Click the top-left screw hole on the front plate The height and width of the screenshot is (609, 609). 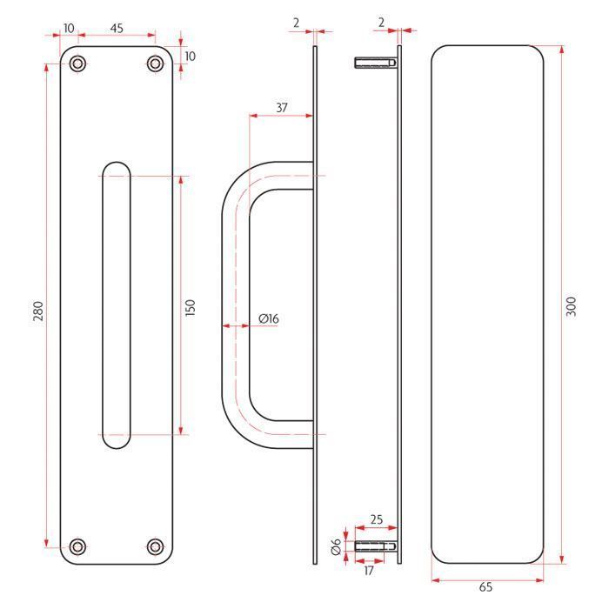coord(77,64)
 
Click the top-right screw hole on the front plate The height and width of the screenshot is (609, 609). coord(156,64)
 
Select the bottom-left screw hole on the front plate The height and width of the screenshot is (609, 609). coord(77,547)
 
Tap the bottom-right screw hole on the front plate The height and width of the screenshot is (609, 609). coord(156,547)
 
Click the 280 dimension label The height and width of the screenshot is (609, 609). coord(38,311)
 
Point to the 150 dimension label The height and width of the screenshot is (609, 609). coord(191,308)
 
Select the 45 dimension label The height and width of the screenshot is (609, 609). coord(117,28)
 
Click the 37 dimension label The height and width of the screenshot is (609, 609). coord(282,107)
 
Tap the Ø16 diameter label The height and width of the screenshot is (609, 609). coord(269,318)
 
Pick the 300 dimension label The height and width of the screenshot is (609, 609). coord(571,306)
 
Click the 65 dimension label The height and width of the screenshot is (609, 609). coord(485,587)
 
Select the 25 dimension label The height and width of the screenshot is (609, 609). coord(377,519)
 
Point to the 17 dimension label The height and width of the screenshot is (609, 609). coord(369,571)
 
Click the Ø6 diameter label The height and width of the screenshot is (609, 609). coord(337,546)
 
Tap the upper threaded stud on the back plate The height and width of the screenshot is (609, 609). coord(376,63)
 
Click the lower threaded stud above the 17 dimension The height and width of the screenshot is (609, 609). coord(376,546)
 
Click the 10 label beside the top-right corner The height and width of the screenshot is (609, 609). coord(190,57)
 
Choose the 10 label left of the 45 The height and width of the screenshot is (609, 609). coord(69,28)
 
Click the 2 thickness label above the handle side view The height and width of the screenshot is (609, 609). coord(297,23)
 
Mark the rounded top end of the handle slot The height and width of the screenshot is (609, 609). coord(117,163)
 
